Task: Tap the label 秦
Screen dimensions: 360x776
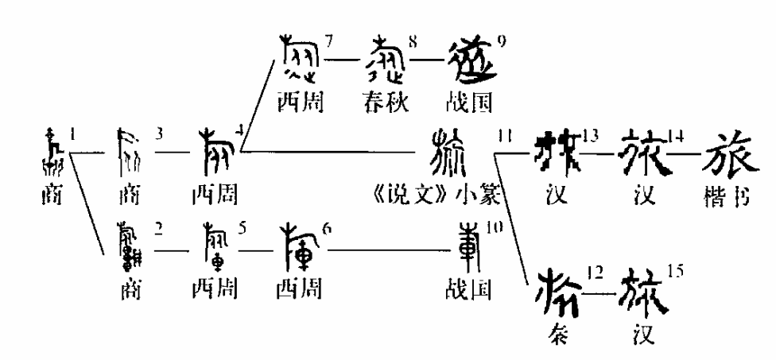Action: click(558, 334)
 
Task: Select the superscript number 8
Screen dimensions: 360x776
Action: click(413, 41)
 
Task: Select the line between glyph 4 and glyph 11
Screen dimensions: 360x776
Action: click(334, 152)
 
